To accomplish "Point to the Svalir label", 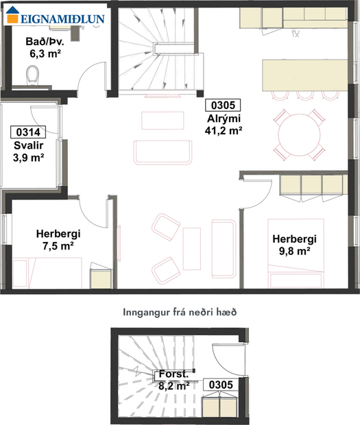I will coord(29,145).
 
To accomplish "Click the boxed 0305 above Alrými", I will coord(222,106).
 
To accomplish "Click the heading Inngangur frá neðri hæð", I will coord(180,311).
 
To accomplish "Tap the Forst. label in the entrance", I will coord(173,375).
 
